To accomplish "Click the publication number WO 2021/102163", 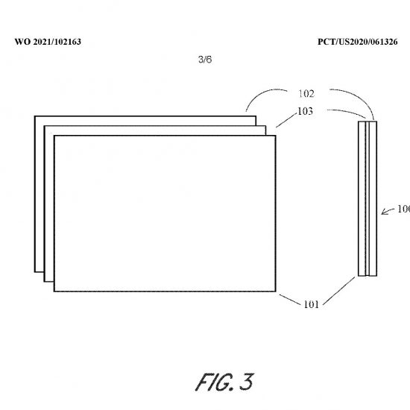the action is coord(48,42).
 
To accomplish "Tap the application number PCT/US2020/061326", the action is coord(357,42).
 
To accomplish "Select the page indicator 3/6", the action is coord(205,60).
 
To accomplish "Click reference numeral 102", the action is coord(306,94).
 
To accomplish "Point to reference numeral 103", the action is coord(305,111).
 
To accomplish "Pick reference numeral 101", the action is coord(311,304).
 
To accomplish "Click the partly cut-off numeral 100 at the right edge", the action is coord(403,209).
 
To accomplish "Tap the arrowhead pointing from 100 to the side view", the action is coord(383,212).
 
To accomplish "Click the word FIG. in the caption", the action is coord(215,382).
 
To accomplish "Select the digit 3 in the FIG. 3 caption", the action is coord(246,382).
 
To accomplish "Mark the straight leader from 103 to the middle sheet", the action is coord(287,121).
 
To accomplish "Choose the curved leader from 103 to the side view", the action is coord(348,112).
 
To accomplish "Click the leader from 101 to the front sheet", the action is coord(290,300).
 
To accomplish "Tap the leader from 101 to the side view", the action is coord(339,291).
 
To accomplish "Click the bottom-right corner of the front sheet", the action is coord(276,291).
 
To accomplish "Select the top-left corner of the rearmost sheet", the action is coord(35,116).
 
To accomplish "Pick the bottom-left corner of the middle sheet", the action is coord(45,282).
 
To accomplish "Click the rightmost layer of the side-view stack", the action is coord(373,198).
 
